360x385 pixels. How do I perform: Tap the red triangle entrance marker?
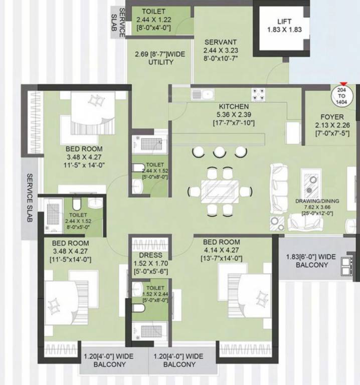[x=343, y=85]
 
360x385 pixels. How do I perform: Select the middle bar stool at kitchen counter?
[x=219, y=151]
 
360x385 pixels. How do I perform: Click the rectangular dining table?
[x=220, y=191]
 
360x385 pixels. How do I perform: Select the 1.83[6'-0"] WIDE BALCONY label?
[x=311, y=261]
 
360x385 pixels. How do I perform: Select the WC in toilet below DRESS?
[x=138, y=307]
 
